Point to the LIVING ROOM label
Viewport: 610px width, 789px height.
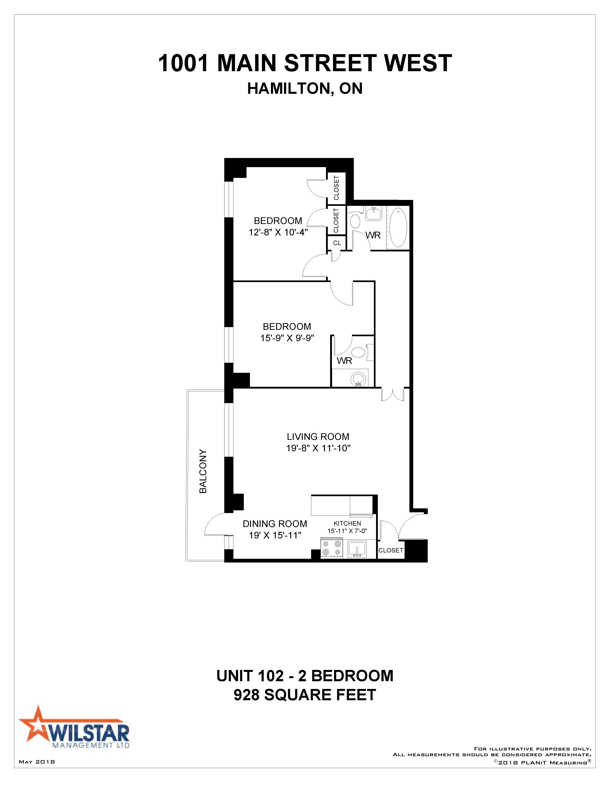(x=318, y=437)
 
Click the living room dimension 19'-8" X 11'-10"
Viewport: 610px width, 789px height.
(x=318, y=448)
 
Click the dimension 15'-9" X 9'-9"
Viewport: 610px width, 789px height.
(x=287, y=339)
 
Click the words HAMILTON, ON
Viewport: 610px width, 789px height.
(x=305, y=89)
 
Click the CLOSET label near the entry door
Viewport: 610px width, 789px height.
(x=391, y=550)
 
